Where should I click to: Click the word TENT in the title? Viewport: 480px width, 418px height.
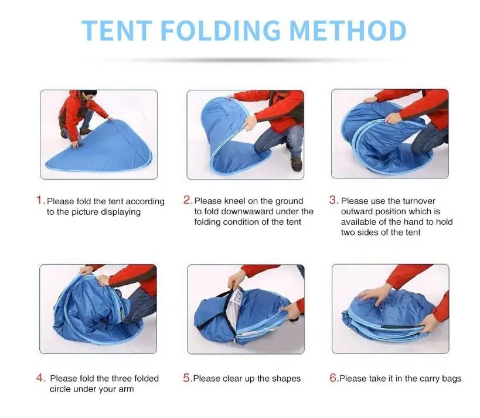[x=117, y=31]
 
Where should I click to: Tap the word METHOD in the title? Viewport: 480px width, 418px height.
[x=348, y=31]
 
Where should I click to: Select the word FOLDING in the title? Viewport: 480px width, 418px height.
[x=220, y=31]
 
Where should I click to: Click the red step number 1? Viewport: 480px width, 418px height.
[x=39, y=200]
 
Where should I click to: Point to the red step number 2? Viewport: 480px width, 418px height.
[x=187, y=200]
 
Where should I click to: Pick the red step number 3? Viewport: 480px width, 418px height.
[x=333, y=200]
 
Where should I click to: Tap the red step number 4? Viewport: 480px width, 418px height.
[x=40, y=378]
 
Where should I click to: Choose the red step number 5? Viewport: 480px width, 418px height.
[x=187, y=378]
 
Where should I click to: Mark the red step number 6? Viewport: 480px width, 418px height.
[x=333, y=378]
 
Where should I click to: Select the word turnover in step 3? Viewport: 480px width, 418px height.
[x=419, y=201]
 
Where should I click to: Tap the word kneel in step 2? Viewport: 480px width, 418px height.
[x=235, y=201]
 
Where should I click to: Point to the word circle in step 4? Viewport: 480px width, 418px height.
[x=60, y=389]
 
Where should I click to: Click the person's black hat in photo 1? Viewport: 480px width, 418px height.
[x=90, y=92]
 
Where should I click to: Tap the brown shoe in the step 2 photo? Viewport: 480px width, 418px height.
[x=297, y=164]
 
